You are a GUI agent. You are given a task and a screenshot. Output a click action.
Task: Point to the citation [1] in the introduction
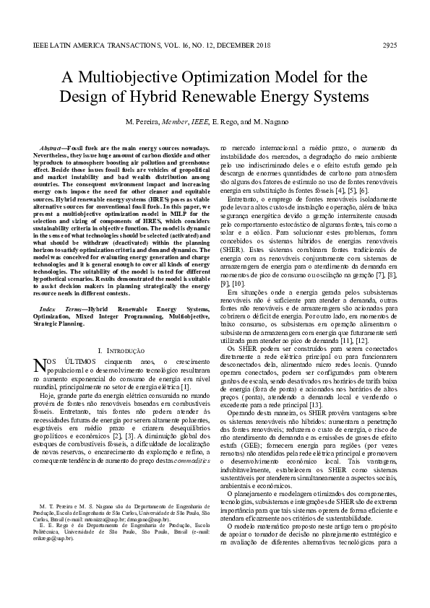coord(186,387)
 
